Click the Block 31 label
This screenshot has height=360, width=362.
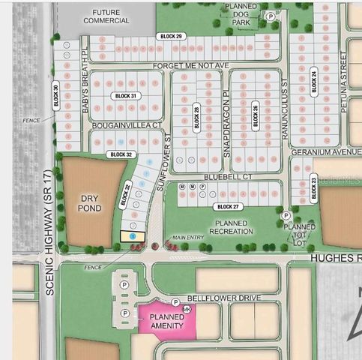(x=125, y=96)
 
